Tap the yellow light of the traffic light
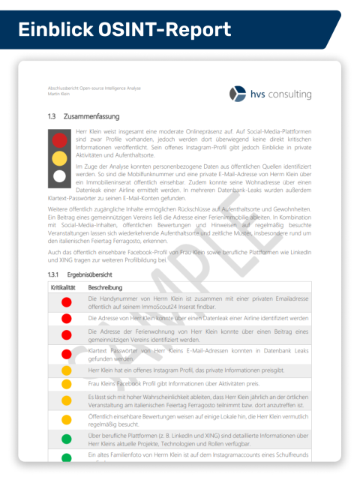tap(60, 157)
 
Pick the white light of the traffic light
tap(60, 176)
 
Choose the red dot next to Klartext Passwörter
tap(66, 353)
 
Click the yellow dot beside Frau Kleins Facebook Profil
tap(66, 383)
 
